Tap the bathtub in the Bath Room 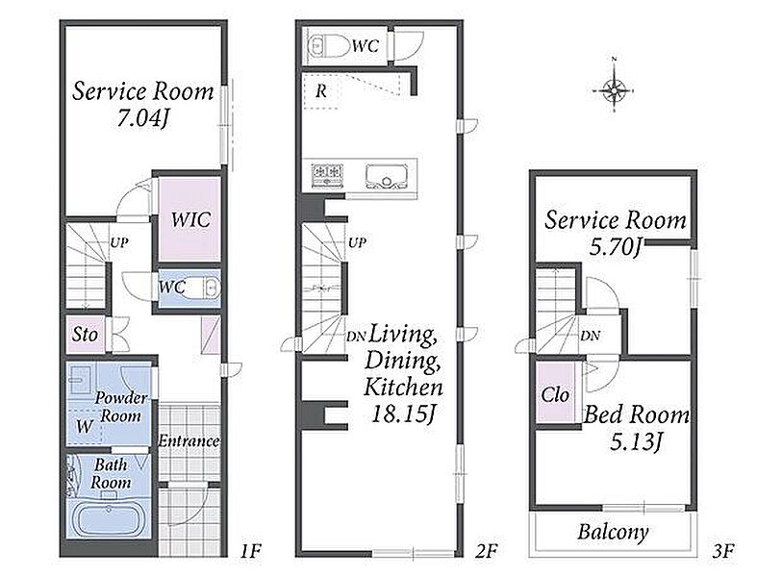coord(110,520)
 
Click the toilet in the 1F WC coord(204,288)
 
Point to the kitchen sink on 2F coord(387,176)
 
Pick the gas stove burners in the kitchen coord(328,174)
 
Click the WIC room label coord(190,219)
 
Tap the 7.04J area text coord(142,117)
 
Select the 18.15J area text coord(403,414)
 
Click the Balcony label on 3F coord(613,532)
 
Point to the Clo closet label coord(555,395)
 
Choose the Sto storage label coord(85,334)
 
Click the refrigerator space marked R coord(321,90)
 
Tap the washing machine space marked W coord(84,426)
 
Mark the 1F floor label coord(250,550)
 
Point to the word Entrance coord(189,440)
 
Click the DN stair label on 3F coord(590,336)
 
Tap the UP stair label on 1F coord(119,242)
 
